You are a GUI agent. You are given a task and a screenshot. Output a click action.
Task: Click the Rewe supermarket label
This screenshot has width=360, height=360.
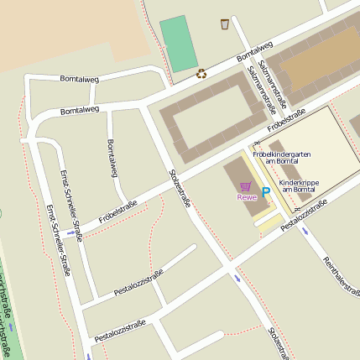[x=246, y=197]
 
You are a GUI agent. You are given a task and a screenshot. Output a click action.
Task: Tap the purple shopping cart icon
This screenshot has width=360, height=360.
[x=245, y=186]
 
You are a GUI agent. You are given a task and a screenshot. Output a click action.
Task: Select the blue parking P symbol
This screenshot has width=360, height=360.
[x=266, y=192]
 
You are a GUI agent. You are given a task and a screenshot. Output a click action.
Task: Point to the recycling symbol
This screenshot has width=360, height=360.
[x=201, y=73]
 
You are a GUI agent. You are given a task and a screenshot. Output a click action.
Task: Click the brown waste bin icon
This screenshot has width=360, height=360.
[x=225, y=23]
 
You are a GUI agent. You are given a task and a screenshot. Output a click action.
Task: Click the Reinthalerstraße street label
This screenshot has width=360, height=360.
[x=341, y=274]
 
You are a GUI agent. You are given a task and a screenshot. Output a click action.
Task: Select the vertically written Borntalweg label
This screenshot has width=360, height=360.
[x=112, y=159]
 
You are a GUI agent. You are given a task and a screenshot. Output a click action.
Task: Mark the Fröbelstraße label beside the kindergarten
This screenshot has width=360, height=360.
[x=285, y=122]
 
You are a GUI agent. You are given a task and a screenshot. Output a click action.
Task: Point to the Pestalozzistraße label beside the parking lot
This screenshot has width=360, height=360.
[x=303, y=216]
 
